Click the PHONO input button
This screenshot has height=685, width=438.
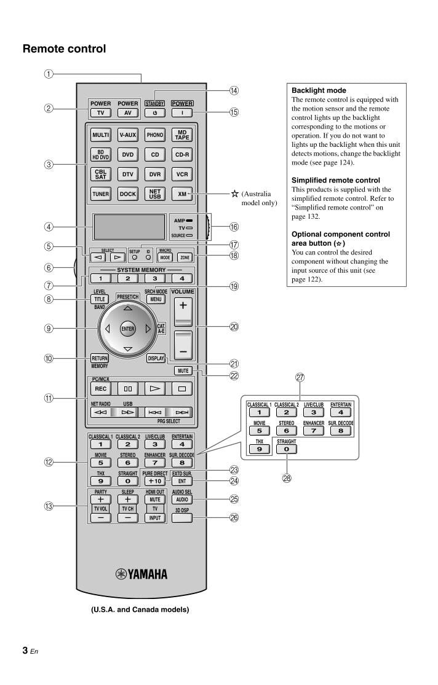click(x=155, y=135)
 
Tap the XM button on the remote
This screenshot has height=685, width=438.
click(x=182, y=194)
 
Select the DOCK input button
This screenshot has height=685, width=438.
click(x=128, y=194)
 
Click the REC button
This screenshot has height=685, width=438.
click(x=101, y=388)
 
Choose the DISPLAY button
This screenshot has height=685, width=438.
click(x=156, y=358)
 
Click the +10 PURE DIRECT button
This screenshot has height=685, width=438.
click(x=155, y=481)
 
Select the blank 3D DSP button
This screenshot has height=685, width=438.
click(x=182, y=517)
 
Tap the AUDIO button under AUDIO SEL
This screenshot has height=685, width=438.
click(x=182, y=500)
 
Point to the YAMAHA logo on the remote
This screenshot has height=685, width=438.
click(x=141, y=574)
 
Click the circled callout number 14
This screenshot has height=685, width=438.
click(x=234, y=90)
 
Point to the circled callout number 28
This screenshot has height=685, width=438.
click(x=300, y=479)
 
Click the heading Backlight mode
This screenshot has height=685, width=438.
click(x=319, y=90)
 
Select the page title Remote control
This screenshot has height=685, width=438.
click(x=64, y=49)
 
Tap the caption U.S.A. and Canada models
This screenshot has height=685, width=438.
click(x=140, y=609)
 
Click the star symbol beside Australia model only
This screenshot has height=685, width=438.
click(x=234, y=194)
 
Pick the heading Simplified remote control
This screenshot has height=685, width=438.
click(x=335, y=181)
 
